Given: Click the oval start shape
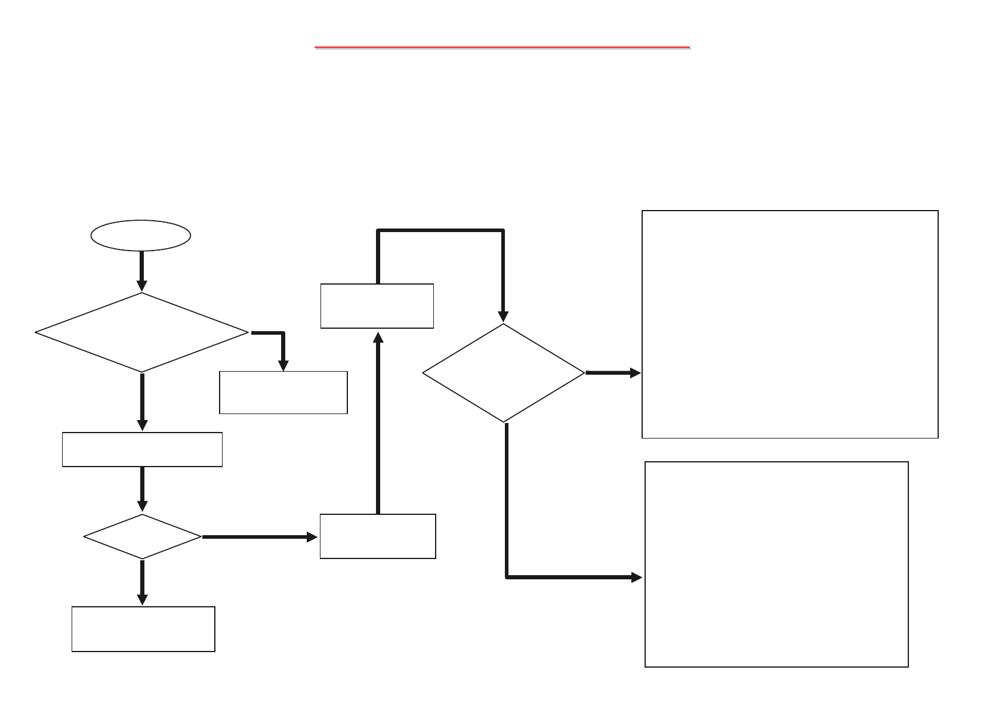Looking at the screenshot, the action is click(x=141, y=236).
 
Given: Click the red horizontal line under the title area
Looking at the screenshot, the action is click(x=502, y=46).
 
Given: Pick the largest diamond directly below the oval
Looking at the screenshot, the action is click(x=142, y=332).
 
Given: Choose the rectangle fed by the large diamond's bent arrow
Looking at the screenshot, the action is click(x=283, y=392).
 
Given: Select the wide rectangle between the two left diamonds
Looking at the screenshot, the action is click(x=142, y=449).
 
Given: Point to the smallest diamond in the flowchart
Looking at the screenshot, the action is click(x=142, y=536).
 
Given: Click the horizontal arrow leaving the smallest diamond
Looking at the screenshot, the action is click(x=260, y=537).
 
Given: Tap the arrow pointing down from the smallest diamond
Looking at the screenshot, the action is click(x=142, y=582).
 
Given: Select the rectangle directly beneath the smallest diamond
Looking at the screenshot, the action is click(x=143, y=629).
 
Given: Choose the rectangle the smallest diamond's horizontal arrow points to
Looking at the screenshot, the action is click(x=378, y=536).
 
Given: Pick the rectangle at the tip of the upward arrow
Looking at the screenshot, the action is click(x=377, y=306).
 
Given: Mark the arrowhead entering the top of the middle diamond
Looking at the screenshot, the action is click(x=504, y=316).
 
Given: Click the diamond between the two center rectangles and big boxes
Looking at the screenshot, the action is click(x=504, y=373).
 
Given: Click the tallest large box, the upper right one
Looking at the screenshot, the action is click(x=790, y=324).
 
